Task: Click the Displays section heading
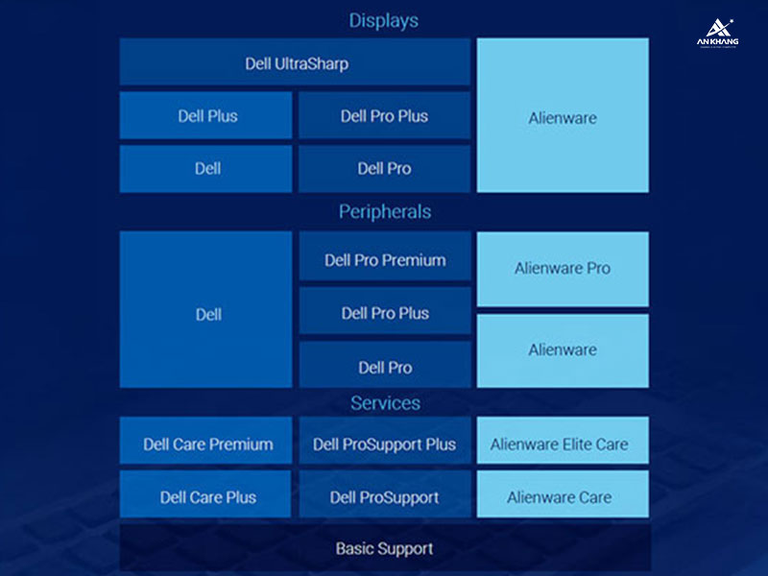[384, 20]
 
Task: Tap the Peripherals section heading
[384, 211]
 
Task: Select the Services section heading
[384, 403]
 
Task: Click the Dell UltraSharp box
[296, 64]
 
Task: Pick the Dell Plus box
[206, 116]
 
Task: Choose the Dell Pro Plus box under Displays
[384, 116]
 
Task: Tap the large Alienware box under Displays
[563, 116]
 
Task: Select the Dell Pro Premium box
[385, 260]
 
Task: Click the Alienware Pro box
[563, 269]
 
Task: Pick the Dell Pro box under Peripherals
[385, 367]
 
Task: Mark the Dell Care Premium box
[206, 444]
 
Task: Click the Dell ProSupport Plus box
[385, 444]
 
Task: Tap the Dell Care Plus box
[206, 497]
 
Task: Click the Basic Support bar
[384, 549]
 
